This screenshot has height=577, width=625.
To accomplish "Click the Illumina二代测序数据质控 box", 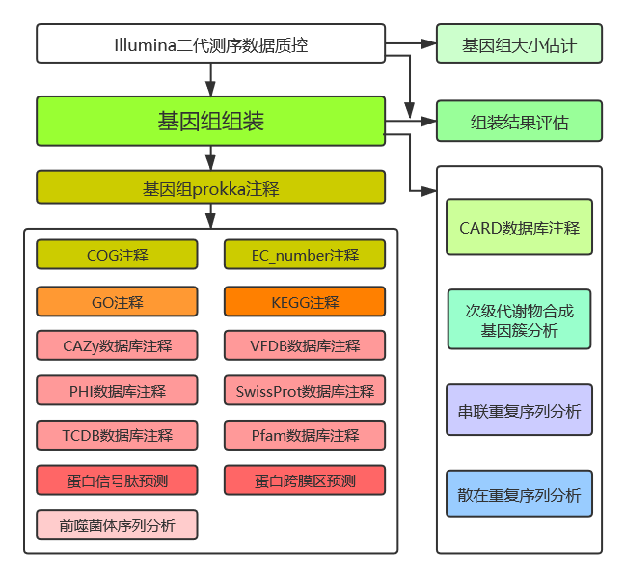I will click(210, 44).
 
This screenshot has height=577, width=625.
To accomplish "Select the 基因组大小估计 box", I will click(519, 44).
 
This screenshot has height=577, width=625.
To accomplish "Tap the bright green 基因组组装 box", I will click(210, 121).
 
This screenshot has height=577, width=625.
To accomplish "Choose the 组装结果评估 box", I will click(519, 123).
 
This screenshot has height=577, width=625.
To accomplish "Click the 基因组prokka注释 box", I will click(210, 187).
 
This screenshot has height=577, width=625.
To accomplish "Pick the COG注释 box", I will click(117, 255).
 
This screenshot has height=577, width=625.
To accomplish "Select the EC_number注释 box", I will click(305, 255).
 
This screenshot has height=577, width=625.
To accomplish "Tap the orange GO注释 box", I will click(117, 302).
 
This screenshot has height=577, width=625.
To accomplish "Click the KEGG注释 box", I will click(305, 302).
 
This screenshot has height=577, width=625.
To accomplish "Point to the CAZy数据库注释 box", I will click(117, 345).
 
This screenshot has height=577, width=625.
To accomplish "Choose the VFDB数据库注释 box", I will click(305, 345).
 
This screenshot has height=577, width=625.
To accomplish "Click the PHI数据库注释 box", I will click(117, 391).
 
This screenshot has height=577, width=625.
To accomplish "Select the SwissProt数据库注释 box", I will click(305, 391).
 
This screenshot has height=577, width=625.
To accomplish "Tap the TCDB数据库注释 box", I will click(117, 435).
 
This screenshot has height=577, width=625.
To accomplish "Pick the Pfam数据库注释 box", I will click(305, 435).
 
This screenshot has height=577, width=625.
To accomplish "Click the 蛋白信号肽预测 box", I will click(117, 481).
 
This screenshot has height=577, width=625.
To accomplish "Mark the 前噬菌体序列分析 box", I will click(117, 525).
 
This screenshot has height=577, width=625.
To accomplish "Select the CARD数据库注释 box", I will click(519, 228).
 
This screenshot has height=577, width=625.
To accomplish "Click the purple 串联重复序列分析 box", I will click(519, 412).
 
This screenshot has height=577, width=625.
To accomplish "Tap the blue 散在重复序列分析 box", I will click(519, 495).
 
